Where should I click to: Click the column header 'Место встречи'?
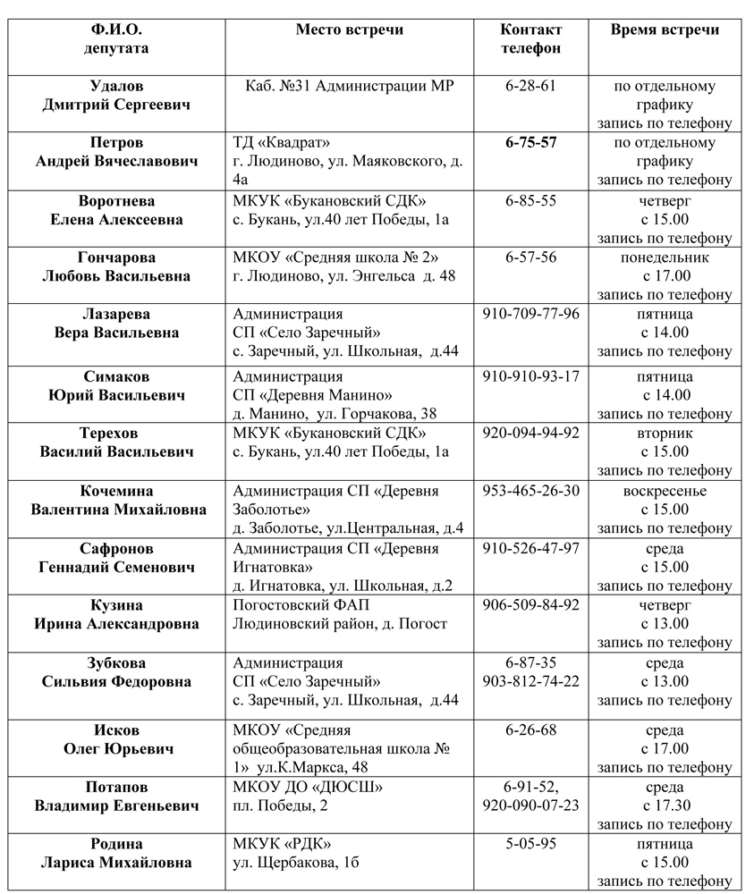pos(350,30)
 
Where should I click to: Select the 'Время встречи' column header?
pos(665,30)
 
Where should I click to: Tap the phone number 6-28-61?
pos(530,86)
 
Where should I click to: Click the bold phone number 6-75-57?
pos(530,143)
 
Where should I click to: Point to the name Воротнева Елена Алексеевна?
pos(117,209)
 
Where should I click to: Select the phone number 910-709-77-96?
pos(530,314)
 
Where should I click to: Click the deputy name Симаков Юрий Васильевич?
pos(117,385)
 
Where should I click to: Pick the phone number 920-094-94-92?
pos(530,433)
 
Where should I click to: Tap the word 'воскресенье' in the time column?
pos(665,491)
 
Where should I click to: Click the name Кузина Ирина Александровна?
pos(117,614)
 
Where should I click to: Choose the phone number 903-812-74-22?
pos(530,681)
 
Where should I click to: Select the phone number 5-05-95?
pos(530,844)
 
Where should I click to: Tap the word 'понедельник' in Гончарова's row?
pos(665,257)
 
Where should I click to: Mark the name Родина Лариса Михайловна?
pos(117,853)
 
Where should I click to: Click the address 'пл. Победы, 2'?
pos(280,805)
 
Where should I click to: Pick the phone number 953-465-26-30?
pos(530,491)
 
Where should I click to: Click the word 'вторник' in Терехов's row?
pos(665,433)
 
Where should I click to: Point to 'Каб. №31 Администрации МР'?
pos(350,86)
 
